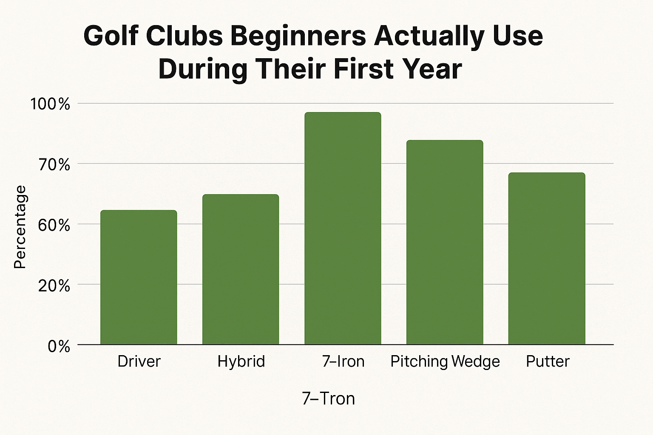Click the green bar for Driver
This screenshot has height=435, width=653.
(x=139, y=277)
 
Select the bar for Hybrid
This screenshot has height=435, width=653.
(x=241, y=269)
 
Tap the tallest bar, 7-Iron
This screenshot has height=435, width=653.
(x=343, y=228)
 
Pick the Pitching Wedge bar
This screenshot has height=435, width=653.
(x=445, y=242)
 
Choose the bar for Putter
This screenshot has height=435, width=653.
(x=547, y=258)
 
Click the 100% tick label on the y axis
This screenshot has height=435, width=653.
(x=50, y=104)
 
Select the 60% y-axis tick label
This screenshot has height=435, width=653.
(x=54, y=225)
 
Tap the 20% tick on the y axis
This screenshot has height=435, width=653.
(x=54, y=286)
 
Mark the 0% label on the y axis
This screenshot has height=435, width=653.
(x=59, y=346)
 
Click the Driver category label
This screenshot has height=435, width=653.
(x=139, y=362)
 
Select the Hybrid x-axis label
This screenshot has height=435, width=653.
(x=241, y=362)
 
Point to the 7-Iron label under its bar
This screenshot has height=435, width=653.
(x=343, y=362)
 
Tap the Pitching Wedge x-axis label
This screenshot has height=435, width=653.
(x=445, y=362)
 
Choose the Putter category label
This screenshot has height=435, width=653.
(x=548, y=362)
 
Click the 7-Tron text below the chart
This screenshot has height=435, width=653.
(x=328, y=399)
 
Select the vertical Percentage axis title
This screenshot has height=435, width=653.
(x=20, y=227)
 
